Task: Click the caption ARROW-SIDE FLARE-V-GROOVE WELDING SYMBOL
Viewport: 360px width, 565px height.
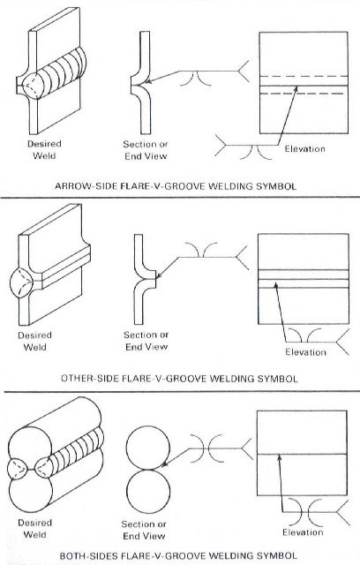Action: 180,186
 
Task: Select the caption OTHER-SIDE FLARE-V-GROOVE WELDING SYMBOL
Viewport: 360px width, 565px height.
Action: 180,378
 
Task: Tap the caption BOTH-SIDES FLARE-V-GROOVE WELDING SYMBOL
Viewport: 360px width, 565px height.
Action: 180,557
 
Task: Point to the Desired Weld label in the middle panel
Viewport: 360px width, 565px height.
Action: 35,340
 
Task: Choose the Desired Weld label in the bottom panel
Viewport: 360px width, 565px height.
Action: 35,528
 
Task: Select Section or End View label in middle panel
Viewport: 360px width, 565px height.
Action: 147,340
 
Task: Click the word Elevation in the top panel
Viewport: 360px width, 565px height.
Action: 305,148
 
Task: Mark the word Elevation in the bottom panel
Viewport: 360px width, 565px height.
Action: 303,532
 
